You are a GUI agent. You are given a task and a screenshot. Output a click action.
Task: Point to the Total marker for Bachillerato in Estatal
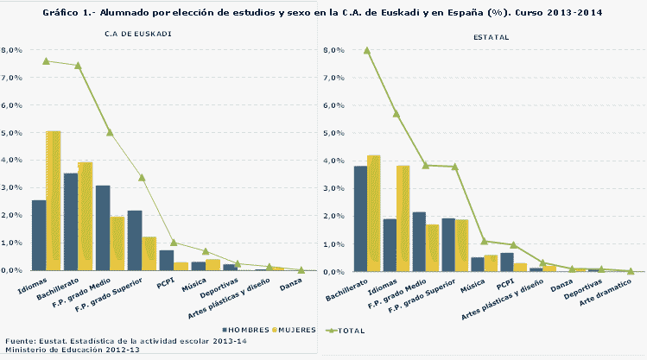click(x=367, y=51)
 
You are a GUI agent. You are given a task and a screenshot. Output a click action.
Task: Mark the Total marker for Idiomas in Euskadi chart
click(x=46, y=61)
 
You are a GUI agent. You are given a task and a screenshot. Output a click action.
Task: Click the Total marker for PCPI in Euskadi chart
click(x=174, y=243)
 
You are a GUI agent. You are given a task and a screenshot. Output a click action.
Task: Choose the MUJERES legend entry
click(x=299, y=330)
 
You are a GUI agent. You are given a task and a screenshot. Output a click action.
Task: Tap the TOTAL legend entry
click(x=348, y=330)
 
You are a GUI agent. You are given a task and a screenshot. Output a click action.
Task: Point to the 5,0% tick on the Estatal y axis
click(x=333, y=134)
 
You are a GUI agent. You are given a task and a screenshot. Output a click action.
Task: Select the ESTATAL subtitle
click(x=491, y=37)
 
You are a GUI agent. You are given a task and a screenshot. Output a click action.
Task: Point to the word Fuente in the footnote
click(x=20, y=341)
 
